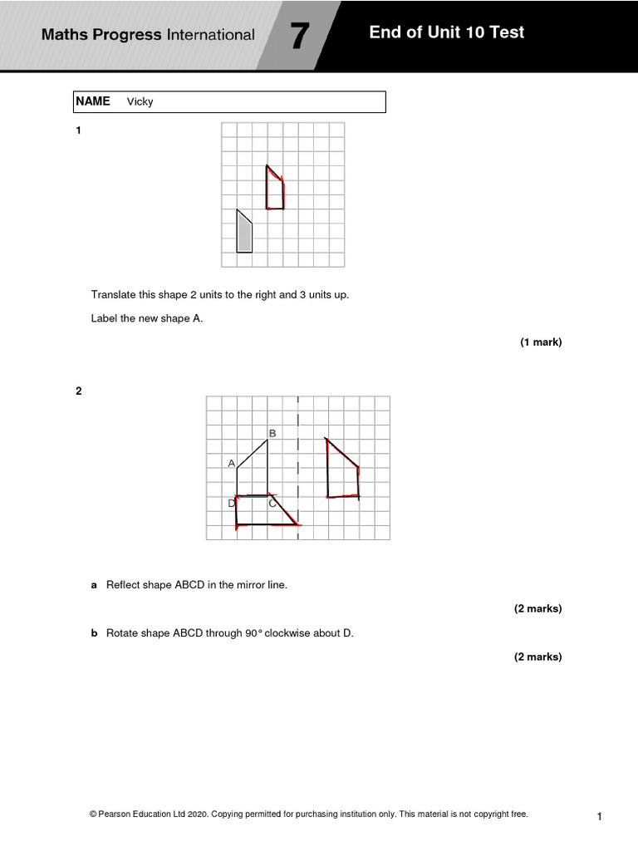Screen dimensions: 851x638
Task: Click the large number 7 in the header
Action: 299,37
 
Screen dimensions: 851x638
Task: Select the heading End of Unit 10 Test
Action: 447,33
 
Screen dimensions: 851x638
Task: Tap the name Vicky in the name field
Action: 140,102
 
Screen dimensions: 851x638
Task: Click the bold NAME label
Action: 92,101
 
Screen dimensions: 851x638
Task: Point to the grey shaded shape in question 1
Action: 244,233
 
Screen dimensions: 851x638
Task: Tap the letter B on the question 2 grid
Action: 272,433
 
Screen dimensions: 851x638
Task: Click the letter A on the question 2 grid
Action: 232,463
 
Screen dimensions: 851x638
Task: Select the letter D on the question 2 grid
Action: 232,503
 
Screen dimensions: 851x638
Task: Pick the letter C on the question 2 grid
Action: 272,503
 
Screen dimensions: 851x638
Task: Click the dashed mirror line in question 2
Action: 297,465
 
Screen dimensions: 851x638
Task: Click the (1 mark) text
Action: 541,342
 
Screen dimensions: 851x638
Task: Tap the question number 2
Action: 79,391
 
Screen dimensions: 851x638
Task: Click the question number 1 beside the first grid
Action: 79,130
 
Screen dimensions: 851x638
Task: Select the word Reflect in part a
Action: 123,585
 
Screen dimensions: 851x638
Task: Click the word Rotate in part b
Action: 122,633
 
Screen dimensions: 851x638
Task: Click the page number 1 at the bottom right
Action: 599,817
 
